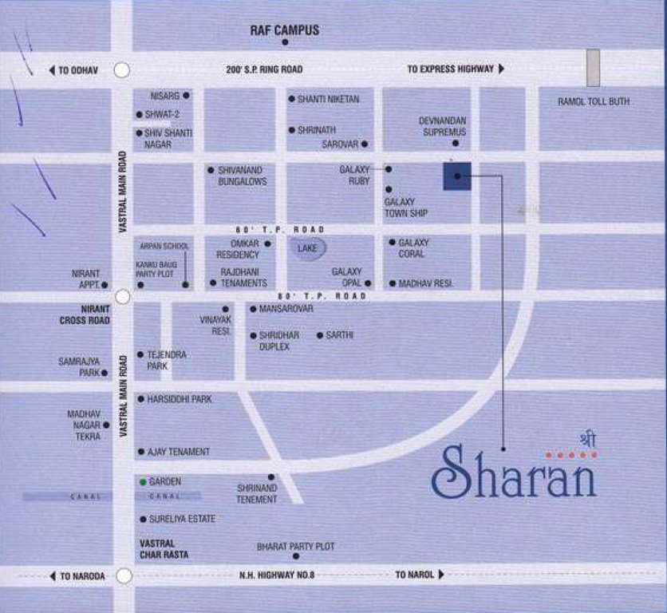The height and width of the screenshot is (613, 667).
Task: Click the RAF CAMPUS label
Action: [284, 30]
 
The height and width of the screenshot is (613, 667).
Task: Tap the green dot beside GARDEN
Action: [143, 482]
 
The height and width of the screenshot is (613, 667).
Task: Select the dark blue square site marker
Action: [457, 176]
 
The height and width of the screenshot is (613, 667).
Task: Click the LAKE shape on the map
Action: [307, 248]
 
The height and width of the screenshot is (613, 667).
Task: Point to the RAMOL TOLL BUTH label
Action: [593, 101]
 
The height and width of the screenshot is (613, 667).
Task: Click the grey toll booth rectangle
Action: [593, 68]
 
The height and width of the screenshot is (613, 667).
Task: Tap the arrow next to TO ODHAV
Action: [52, 70]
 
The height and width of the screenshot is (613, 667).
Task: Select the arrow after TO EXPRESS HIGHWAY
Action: [501, 69]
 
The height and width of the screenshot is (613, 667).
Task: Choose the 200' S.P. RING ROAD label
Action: [264, 70]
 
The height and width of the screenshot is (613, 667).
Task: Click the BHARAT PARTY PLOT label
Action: [295, 547]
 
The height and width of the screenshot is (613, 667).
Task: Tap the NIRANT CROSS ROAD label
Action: [83, 314]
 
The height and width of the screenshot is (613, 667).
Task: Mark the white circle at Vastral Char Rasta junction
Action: [124, 575]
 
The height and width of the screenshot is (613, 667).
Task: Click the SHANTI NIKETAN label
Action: [328, 99]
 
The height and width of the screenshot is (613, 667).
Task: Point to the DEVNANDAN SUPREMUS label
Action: [443, 126]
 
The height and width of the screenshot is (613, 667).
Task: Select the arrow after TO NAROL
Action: [441, 575]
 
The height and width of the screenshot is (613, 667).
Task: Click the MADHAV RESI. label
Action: [426, 283]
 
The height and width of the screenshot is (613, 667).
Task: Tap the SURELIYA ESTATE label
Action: [182, 519]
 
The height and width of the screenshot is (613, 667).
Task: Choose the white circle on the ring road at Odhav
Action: [121, 70]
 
